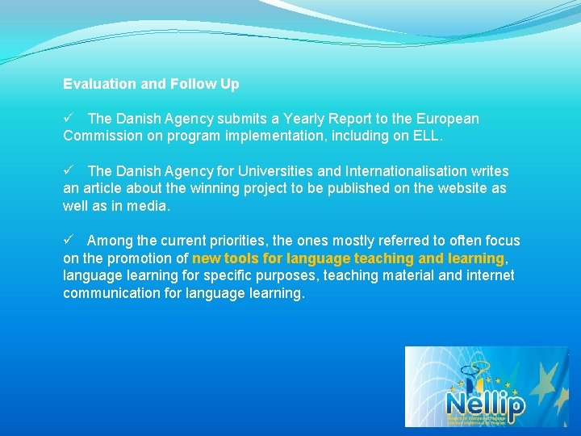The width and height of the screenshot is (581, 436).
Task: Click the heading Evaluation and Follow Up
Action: point(151,84)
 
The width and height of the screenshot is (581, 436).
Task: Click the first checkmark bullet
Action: point(69,119)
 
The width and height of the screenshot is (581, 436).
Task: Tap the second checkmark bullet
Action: point(69,171)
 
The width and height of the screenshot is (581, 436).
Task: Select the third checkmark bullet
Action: point(69,241)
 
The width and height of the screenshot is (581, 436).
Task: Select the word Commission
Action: point(102,136)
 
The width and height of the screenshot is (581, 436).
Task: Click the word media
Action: point(151,207)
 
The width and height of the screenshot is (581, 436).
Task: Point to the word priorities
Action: point(243,241)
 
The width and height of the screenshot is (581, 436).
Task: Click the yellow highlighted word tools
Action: point(241,258)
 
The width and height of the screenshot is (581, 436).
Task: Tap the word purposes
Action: point(285,276)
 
